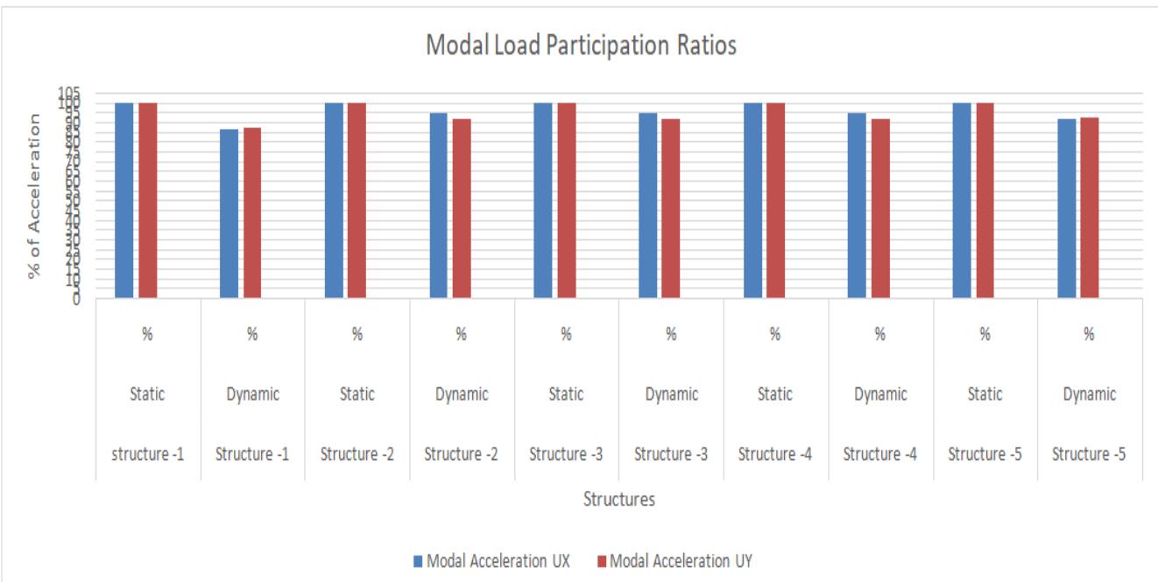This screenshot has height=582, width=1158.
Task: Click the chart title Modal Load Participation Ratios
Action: coord(581,47)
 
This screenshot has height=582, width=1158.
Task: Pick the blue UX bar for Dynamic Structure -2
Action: coord(438,205)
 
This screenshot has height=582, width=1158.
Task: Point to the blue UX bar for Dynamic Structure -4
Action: coord(857,205)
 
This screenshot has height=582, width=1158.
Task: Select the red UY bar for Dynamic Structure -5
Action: coord(1090,208)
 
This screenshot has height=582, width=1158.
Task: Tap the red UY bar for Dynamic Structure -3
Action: coord(670,209)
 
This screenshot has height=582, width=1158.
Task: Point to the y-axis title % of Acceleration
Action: coord(35,195)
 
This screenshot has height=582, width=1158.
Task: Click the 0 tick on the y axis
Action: coord(75,299)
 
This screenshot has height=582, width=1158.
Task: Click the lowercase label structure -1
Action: coord(148,454)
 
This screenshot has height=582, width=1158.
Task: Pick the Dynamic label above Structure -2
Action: coord(462,394)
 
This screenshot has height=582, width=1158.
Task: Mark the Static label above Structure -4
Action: coord(775,394)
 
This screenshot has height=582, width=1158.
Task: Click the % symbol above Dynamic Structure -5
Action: coord(1090,334)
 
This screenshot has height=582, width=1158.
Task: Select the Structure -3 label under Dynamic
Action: coord(671,454)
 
